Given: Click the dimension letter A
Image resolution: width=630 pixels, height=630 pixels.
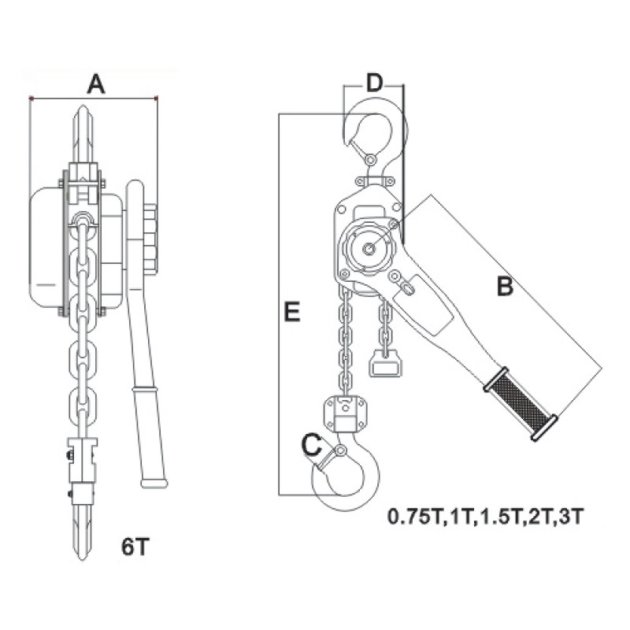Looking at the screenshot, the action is tap(96, 84).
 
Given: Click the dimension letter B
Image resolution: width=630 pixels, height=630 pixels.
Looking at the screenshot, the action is tap(505, 287).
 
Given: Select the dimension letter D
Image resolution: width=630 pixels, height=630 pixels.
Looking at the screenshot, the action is tap(374, 83).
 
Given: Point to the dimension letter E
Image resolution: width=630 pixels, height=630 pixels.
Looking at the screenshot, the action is tap(292, 312).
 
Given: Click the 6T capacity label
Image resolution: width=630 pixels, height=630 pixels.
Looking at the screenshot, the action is tap(135, 546).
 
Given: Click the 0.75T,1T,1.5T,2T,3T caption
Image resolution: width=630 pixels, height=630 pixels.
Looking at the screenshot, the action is tap(484, 517).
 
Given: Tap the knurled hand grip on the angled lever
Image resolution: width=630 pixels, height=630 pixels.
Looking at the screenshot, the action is tap(521, 403).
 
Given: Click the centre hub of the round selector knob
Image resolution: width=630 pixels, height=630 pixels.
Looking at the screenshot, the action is tap(369, 249).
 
